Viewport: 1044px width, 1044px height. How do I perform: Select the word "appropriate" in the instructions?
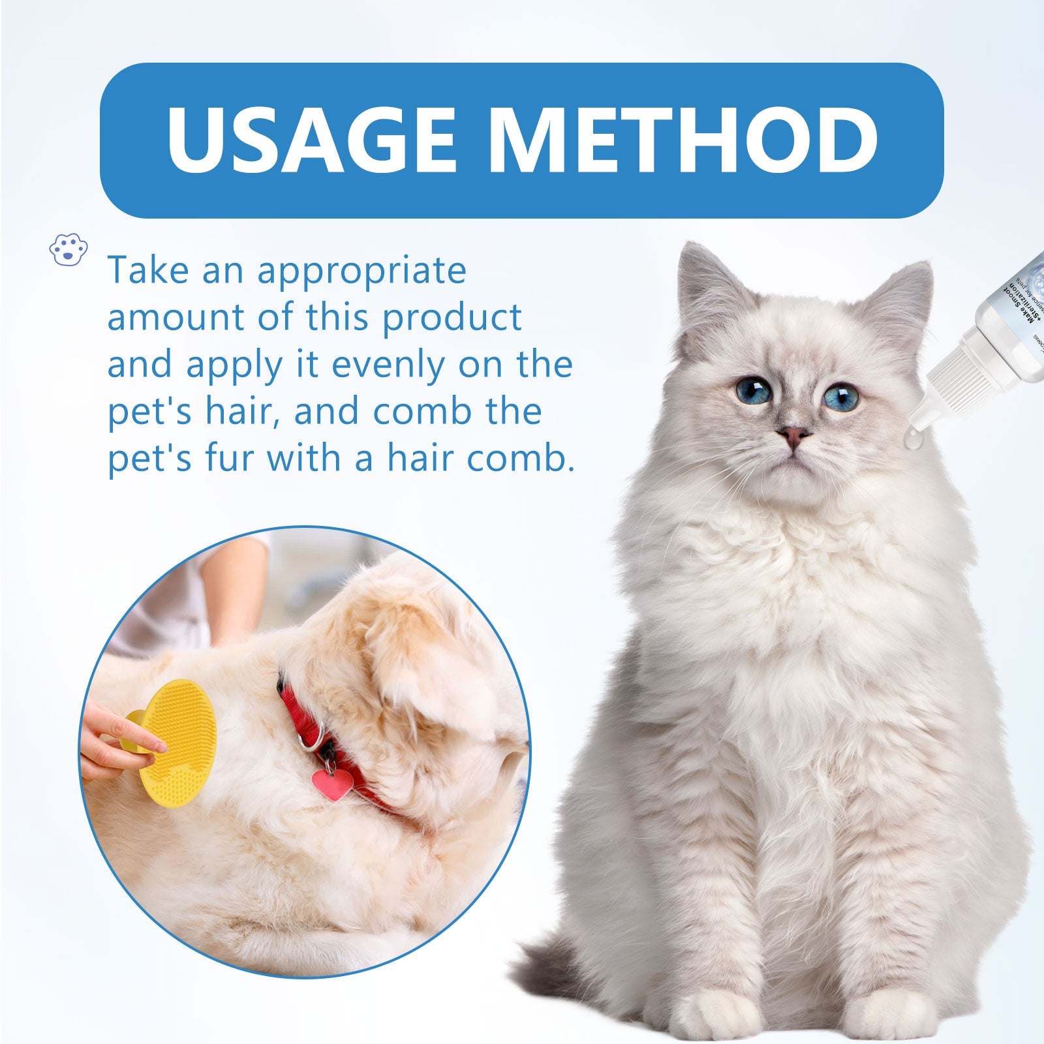point(361,270)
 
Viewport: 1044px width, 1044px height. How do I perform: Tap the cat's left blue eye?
point(753,390)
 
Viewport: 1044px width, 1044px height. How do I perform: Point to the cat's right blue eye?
point(840,396)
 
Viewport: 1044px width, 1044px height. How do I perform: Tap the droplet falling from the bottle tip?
point(913,443)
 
